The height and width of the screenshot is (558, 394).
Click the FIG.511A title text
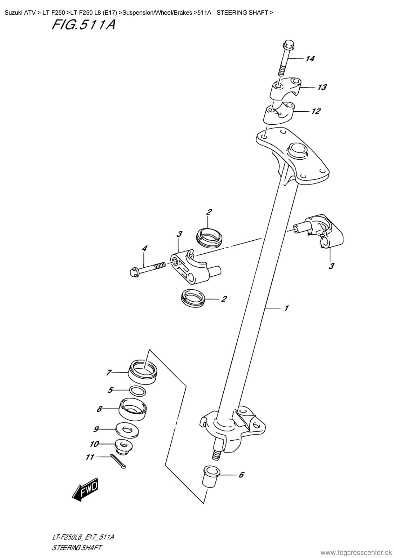pos(84,25)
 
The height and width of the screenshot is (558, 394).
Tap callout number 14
pos(310,59)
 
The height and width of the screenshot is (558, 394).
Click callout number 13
pos(322,87)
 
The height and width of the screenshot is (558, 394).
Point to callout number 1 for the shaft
pos(286,308)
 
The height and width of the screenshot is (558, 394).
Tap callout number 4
pos(145,248)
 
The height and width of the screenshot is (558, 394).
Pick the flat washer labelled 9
pos(127,430)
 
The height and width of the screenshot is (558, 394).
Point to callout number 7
pos(109,372)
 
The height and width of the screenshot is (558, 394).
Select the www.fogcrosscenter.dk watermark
pos(357,552)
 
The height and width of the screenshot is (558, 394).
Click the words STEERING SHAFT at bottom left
pos(77,548)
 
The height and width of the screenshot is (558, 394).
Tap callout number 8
pos(99,409)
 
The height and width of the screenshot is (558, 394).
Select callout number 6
pos(241,475)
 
